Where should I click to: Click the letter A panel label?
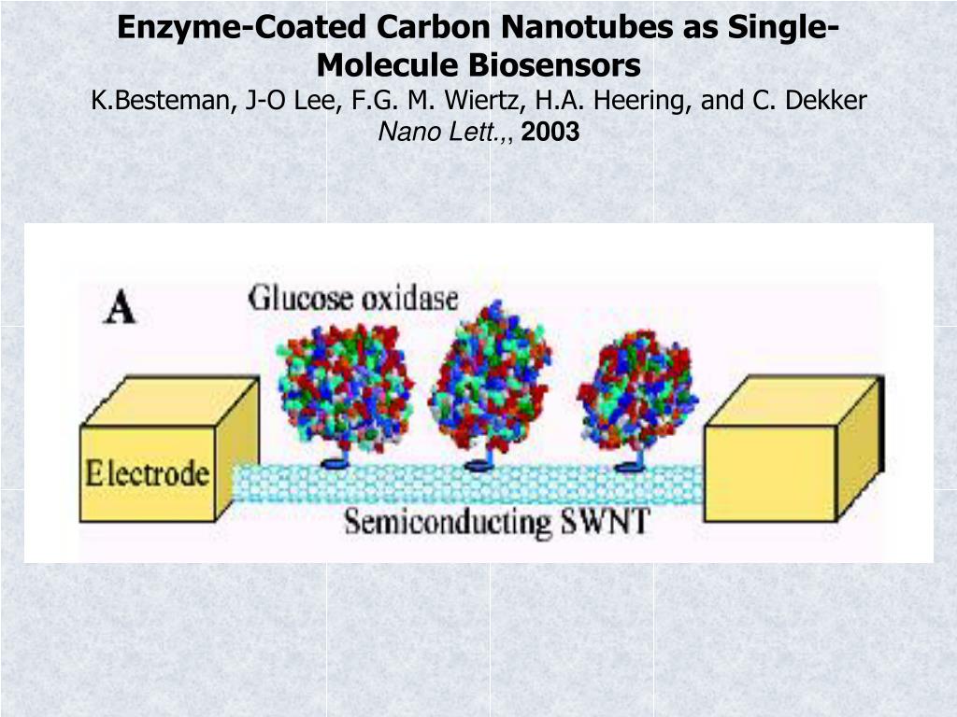pos(119,308)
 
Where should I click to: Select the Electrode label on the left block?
pos(147,473)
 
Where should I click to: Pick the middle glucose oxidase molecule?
pos(489,378)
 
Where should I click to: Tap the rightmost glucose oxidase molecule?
pos(637,390)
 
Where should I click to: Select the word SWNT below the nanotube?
pos(605,520)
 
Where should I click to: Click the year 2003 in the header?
pos(550,134)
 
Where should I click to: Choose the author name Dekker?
pos(831,100)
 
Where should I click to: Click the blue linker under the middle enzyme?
pos(479,463)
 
